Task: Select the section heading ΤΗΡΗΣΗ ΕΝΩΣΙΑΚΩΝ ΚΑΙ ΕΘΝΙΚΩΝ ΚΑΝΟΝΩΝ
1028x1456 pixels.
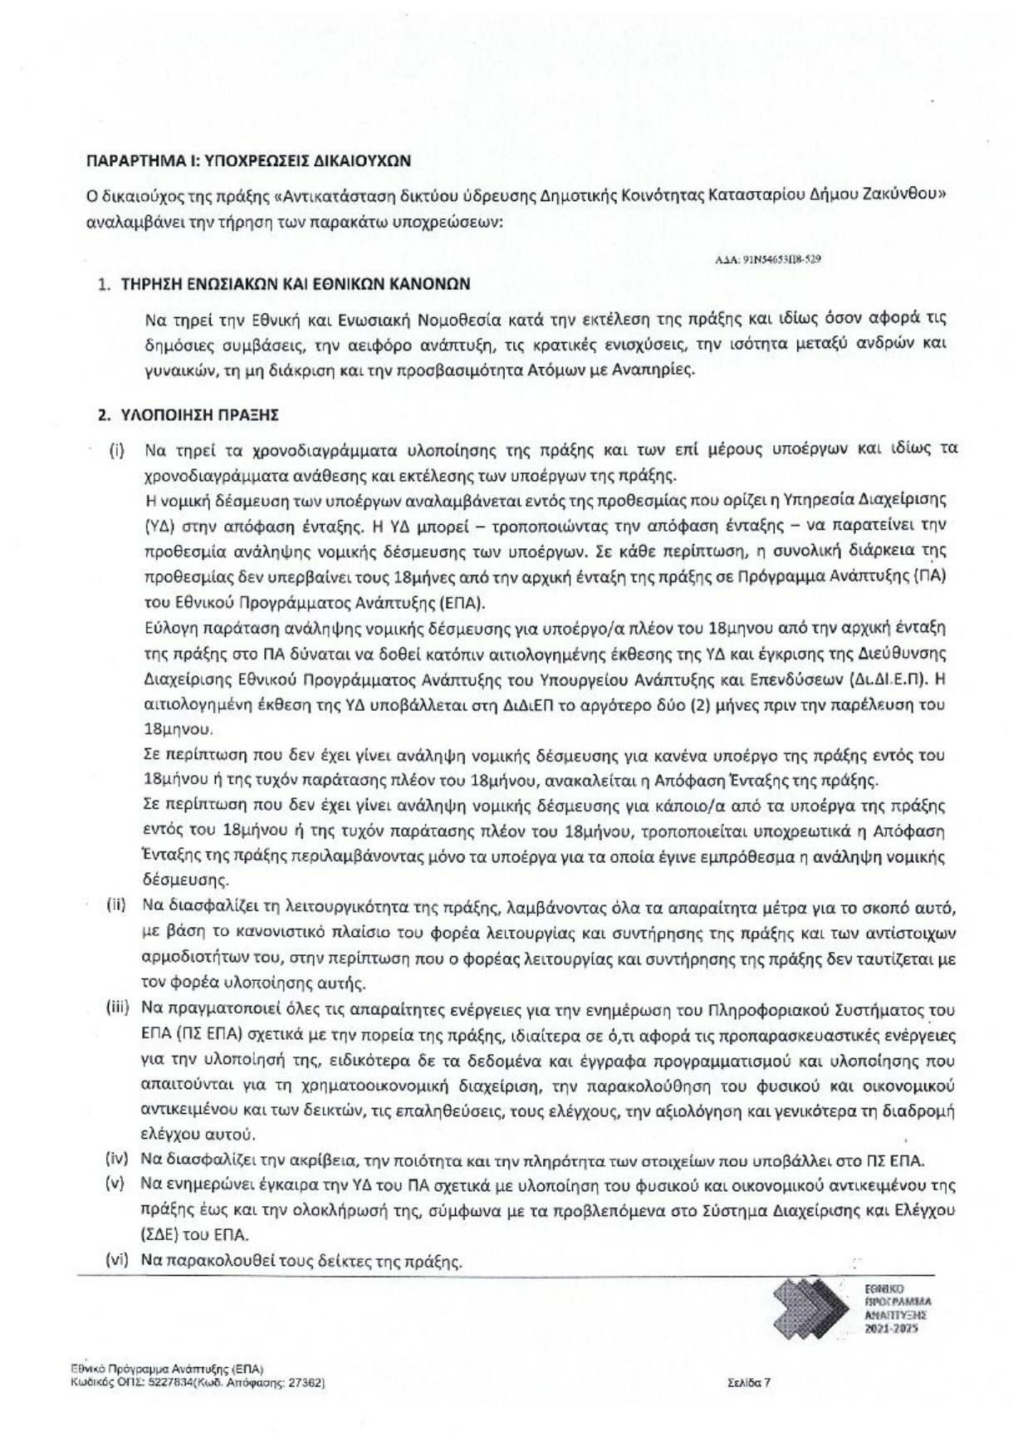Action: (296, 284)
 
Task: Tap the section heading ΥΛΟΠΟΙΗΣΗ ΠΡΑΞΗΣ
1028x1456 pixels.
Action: (199, 414)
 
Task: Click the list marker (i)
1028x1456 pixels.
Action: (117, 451)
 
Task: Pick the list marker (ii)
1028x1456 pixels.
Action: (115, 904)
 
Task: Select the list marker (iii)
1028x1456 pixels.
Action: (116, 1007)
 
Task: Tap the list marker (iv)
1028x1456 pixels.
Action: (115, 1159)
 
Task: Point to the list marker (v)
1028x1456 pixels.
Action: (115, 1183)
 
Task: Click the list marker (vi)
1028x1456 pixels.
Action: (115, 1259)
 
